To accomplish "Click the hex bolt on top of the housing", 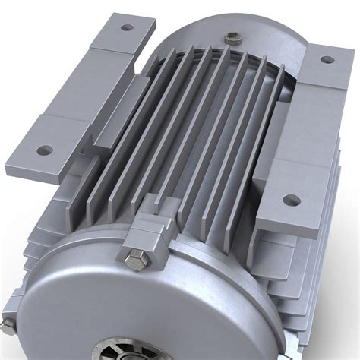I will point(230,37).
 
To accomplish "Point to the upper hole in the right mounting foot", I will point(327,59).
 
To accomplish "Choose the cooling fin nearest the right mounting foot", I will point(258,152).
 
